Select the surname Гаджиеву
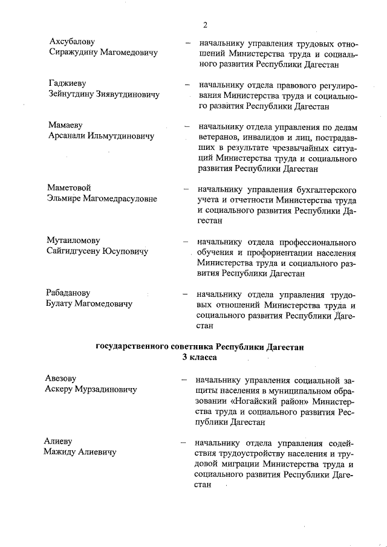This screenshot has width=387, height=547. coord(67,83)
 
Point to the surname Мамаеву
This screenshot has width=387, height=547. coord(65,125)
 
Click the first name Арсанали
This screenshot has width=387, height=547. coord(68,136)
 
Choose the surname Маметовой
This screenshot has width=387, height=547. coord(70,188)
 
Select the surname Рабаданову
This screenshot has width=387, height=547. coord(71,293)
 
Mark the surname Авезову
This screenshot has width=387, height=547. coord(60,378)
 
